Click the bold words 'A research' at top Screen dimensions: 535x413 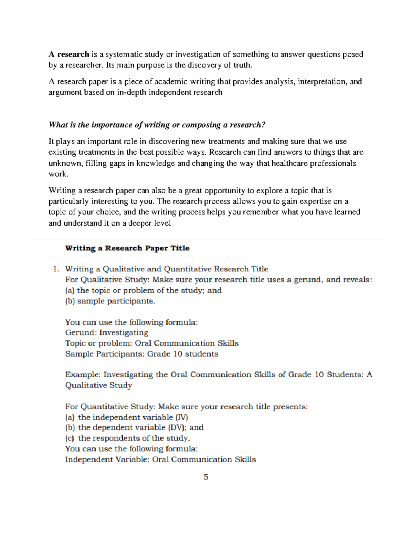69,54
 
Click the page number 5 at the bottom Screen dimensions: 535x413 206,477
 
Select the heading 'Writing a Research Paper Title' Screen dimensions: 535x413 127,248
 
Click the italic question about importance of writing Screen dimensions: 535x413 157,125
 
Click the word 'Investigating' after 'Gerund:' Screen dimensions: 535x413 124,333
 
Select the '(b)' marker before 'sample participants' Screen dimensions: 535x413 70,301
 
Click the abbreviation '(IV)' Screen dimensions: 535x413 181,417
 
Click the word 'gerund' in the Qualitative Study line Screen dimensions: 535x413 308,280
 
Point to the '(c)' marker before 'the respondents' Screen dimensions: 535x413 70,438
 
